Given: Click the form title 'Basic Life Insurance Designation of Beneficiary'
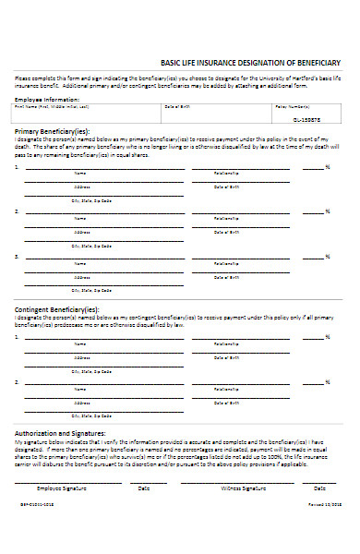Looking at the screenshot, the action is click(x=251, y=61).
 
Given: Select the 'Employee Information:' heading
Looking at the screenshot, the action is click(x=42, y=98).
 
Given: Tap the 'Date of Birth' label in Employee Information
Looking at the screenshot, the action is click(x=177, y=107).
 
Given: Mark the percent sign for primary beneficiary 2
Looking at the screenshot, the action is click(x=328, y=212).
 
